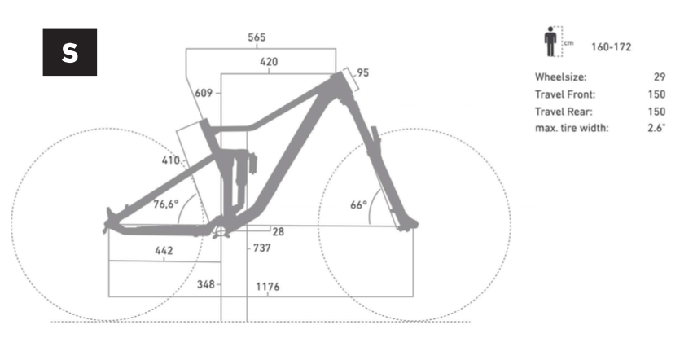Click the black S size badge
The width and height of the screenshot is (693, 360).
coord(70,52)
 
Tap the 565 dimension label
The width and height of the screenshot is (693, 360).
coord(257,37)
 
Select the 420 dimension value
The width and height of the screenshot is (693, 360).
coord(269,61)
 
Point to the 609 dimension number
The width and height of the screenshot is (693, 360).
coord(204,93)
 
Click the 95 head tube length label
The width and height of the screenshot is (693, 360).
coord(363,72)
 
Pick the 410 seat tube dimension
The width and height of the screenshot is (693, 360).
coord(170,160)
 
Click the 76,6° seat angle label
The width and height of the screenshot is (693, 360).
coord(166,204)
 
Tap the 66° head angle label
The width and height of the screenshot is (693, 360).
coord(358,204)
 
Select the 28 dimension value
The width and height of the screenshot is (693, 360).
coord(278,232)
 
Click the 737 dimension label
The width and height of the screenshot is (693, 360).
coord(262,248)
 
